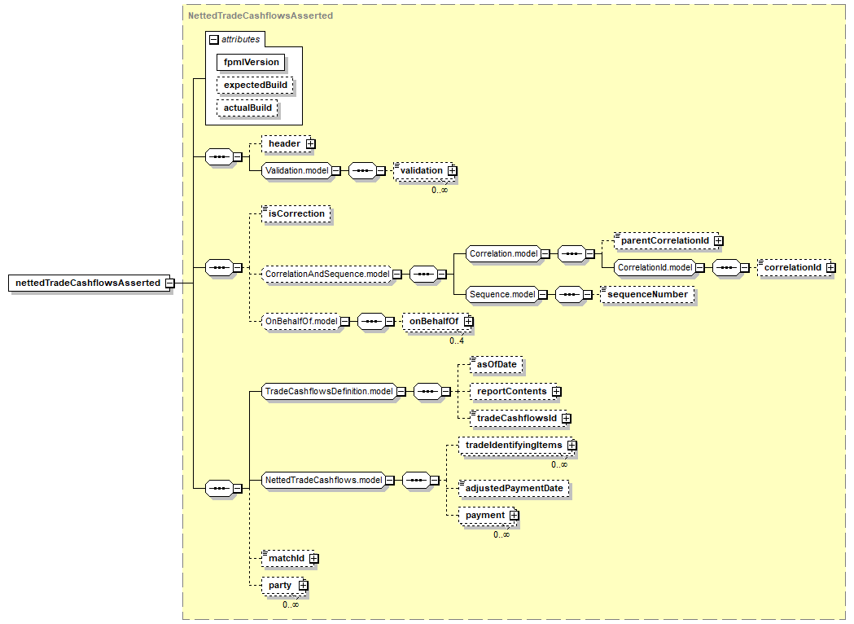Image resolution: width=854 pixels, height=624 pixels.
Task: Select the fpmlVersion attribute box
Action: [251, 62]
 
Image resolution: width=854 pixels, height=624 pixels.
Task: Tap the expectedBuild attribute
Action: [255, 85]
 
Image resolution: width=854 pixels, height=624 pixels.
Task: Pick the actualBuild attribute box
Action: [247, 108]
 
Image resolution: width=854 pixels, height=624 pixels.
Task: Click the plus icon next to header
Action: [310, 144]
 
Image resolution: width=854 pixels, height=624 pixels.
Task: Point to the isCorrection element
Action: [296, 213]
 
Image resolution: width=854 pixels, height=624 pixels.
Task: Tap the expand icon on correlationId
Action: [830, 267]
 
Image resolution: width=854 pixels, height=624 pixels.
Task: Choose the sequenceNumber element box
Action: [647, 294]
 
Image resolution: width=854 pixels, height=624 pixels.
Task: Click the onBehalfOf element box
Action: [437, 321]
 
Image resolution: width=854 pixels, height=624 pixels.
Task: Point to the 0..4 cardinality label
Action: [457, 341]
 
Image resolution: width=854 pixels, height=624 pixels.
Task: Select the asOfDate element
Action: [496, 365]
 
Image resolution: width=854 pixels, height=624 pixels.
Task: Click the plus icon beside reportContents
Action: [556, 392]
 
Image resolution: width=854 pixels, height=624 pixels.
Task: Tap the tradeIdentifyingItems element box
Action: [517, 446]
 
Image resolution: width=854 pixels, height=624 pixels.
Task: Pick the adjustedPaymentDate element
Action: [514, 488]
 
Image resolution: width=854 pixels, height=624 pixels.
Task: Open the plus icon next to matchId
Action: [313, 559]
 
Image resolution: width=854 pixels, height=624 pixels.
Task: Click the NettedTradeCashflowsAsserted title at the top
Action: [261, 15]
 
